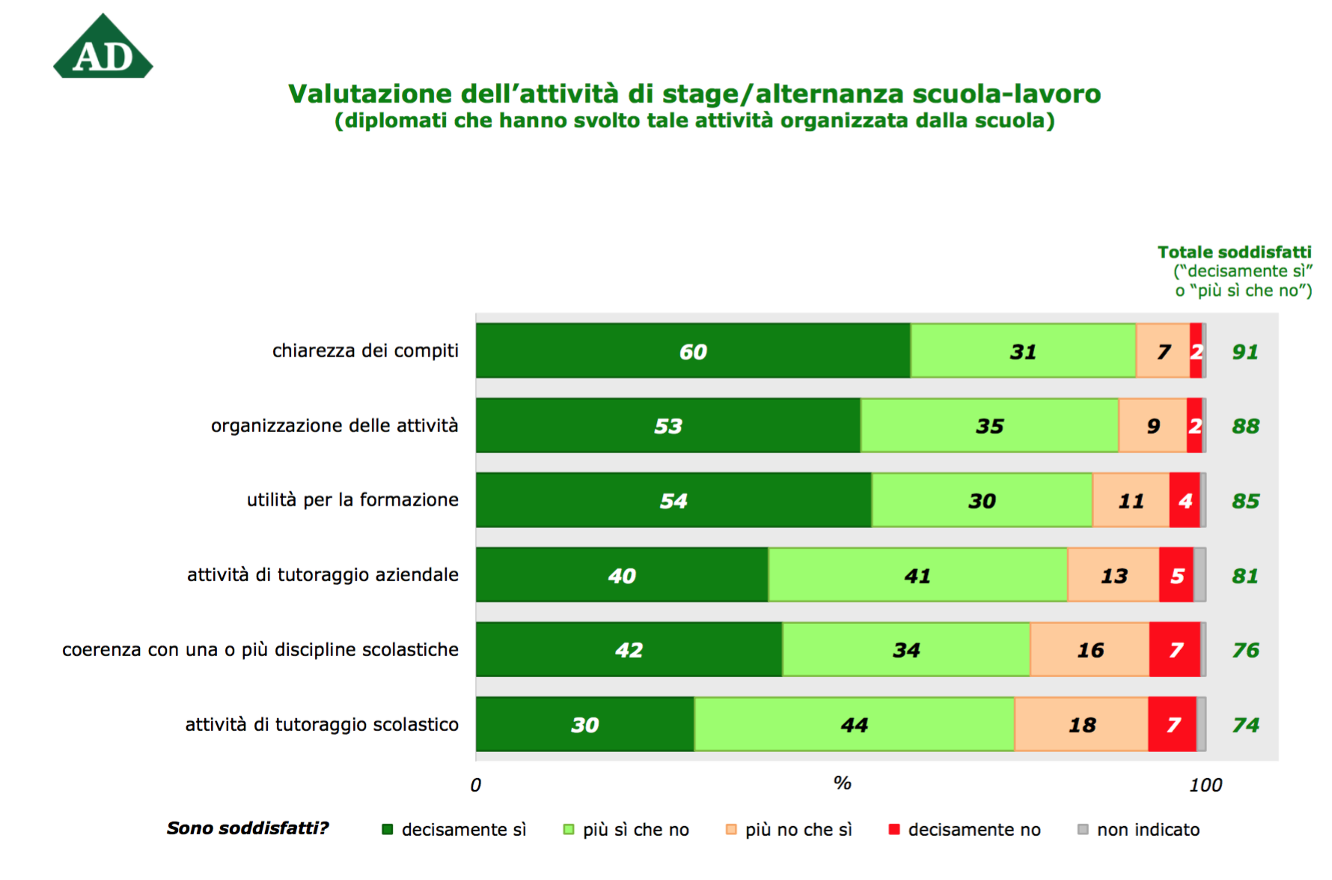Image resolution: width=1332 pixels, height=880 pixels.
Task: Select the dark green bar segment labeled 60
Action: click(x=692, y=351)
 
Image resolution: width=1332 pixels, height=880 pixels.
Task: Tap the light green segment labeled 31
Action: click(x=1022, y=351)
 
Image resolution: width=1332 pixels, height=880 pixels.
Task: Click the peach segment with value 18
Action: click(x=1081, y=724)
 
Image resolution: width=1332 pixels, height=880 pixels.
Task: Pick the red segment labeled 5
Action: click(x=1176, y=575)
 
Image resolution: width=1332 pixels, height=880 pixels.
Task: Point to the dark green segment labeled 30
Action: click(x=584, y=724)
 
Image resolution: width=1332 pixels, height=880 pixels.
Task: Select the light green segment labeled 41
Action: click(x=917, y=575)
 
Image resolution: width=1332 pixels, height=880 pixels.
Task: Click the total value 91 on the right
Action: click(x=1245, y=351)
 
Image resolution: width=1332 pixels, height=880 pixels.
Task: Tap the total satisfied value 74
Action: click(x=1245, y=724)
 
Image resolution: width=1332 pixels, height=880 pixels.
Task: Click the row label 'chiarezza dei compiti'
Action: click(x=365, y=351)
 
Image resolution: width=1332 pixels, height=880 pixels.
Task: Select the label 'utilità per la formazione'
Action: click(x=352, y=500)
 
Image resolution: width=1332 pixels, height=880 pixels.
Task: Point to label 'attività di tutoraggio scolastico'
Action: click(x=322, y=724)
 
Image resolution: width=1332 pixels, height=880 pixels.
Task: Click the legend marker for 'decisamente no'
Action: click(x=893, y=829)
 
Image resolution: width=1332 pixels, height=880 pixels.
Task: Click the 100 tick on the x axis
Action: click(x=1206, y=785)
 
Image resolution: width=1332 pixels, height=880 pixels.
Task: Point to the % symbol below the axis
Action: click(x=842, y=783)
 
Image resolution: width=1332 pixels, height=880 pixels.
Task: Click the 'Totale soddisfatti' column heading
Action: click(x=1234, y=252)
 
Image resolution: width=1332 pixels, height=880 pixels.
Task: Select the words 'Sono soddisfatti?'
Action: click(x=247, y=828)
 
